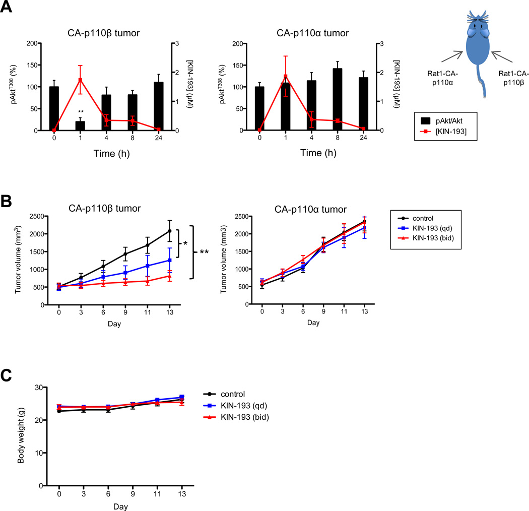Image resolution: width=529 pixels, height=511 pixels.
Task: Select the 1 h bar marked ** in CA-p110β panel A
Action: pyautogui.click(x=80, y=125)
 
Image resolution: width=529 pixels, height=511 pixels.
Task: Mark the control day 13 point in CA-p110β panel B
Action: pyautogui.click(x=170, y=231)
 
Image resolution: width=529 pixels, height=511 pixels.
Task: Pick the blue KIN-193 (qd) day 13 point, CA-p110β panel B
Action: pyautogui.click(x=170, y=260)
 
